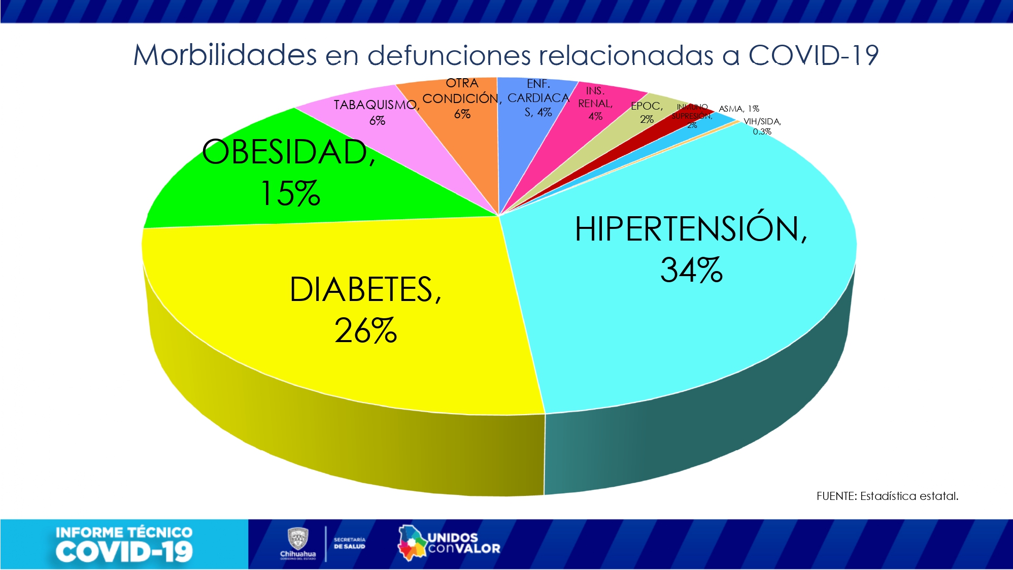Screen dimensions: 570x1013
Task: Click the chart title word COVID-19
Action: point(813,55)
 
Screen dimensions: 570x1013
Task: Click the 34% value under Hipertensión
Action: point(691,270)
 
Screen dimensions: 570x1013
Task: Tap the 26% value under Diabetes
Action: point(365,330)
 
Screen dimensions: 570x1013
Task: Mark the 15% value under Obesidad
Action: point(290,193)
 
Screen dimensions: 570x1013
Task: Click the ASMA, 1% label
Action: point(738,109)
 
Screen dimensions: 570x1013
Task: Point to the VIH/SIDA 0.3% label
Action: point(762,126)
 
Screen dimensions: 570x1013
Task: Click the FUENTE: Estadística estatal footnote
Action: point(887,496)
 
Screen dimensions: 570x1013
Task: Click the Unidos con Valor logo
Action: point(449,543)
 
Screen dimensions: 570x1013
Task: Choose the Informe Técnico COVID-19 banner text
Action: point(124,545)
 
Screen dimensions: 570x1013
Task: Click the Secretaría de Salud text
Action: point(349,543)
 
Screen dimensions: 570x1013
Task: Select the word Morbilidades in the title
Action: point(225,55)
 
